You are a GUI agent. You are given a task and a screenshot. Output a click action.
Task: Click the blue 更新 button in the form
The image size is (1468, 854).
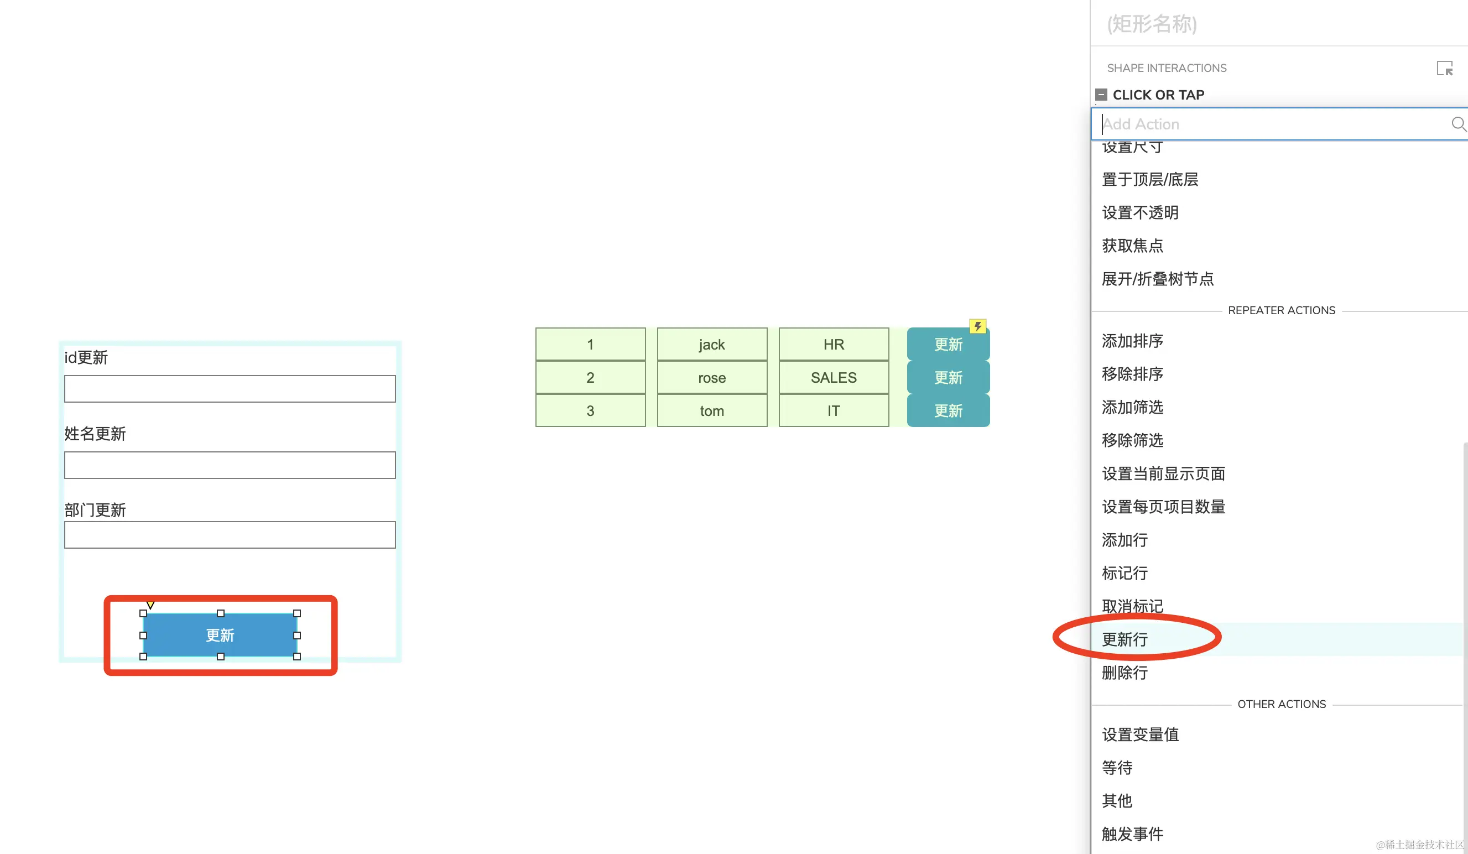pyautogui.click(x=220, y=635)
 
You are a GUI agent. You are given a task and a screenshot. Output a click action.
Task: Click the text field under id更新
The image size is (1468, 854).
pyautogui.click(x=230, y=388)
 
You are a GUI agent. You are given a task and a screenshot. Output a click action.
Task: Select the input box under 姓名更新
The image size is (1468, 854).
pyautogui.click(x=230, y=465)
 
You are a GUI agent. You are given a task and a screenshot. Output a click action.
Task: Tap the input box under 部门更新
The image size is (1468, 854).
pyautogui.click(x=230, y=535)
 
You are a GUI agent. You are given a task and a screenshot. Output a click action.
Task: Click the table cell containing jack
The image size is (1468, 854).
pyautogui.click(x=712, y=344)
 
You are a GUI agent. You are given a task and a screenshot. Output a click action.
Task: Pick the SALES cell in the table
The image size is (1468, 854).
pyautogui.click(x=834, y=377)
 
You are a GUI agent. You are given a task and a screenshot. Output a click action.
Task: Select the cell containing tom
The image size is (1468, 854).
pyautogui.click(x=712, y=411)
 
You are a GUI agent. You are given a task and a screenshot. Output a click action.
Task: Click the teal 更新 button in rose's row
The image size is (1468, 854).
pyautogui.click(x=948, y=377)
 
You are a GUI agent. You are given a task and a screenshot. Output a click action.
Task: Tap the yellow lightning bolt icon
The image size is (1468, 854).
pyautogui.click(x=977, y=326)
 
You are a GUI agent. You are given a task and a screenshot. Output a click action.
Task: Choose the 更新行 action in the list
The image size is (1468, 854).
pyautogui.click(x=1125, y=639)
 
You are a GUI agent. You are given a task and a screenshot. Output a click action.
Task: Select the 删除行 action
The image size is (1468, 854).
pyautogui.click(x=1125, y=673)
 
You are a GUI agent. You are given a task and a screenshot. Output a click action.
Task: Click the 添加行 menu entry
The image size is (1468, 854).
pyautogui.click(x=1125, y=540)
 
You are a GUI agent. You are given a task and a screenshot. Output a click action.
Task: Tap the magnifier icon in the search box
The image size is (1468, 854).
pyautogui.click(x=1457, y=124)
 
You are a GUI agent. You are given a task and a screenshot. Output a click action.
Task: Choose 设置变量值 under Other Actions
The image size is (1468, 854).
pyautogui.click(x=1140, y=735)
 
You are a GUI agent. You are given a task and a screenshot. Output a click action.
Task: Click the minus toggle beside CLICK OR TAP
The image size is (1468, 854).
pyautogui.click(x=1101, y=95)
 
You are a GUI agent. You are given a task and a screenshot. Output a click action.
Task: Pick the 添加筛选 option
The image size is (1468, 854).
pyautogui.click(x=1132, y=407)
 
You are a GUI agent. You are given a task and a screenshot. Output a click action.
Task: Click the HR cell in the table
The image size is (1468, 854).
pyautogui.click(x=834, y=344)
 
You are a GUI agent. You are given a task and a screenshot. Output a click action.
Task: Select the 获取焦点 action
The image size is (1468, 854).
pyautogui.click(x=1132, y=246)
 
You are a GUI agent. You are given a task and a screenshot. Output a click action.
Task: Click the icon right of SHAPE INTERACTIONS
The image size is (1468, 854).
pyautogui.click(x=1444, y=69)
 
